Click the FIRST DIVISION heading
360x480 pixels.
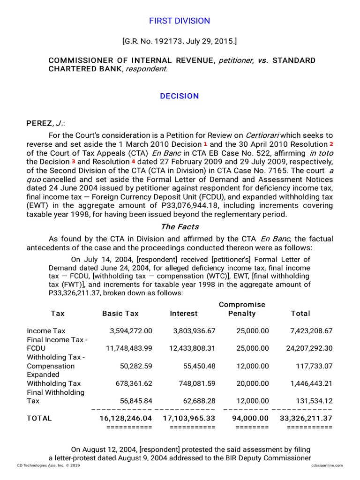click(180, 21)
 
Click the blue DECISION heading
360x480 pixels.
click(180, 96)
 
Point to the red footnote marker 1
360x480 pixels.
click(205, 143)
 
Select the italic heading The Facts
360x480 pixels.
click(180, 227)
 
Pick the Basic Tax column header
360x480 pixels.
click(120, 314)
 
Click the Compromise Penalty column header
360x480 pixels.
click(242, 309)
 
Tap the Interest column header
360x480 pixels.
click(184, 314)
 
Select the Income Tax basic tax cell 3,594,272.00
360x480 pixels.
click(131, 331)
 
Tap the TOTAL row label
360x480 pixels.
click(39, 418)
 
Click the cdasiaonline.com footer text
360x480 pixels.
click(327, 465)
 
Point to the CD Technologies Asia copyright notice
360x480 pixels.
click(48, 465)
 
